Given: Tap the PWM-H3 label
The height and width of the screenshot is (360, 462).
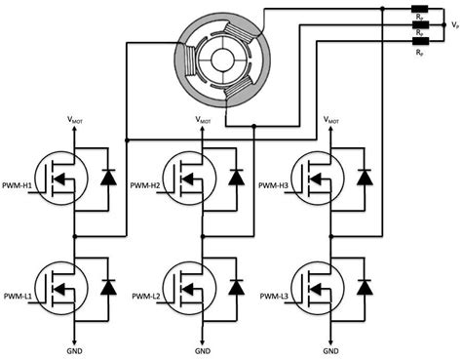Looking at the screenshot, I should pyautogui.click(x=278, y=183).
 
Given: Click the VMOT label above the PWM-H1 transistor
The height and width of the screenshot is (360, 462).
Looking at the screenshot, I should pyautogui.click(x=73, y=121).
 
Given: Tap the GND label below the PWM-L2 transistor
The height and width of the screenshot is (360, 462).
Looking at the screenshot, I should pyautogui.click(x=201, y=349).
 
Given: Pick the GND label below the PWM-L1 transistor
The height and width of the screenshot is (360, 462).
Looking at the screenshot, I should pyautogui.click(x=73, y=349).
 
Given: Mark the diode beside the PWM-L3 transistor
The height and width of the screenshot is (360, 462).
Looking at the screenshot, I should pyautogui.click(x=364, y=287).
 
